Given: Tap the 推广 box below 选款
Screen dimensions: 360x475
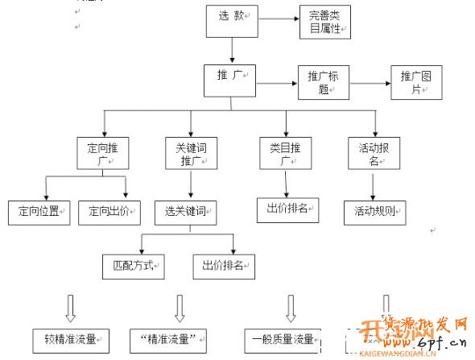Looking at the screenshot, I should coord(230,77).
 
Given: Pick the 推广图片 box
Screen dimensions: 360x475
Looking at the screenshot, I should coord(416,82).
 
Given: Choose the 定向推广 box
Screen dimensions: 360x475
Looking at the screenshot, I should coord(102,153).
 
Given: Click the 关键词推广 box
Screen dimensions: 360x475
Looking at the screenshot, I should coord(191,153).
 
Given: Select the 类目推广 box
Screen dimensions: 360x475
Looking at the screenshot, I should coord(286,153).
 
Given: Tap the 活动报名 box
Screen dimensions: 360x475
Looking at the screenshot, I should coord(374,153).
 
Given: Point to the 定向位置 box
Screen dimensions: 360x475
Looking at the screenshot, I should coord(39,211).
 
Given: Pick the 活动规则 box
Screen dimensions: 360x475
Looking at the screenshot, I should coord(374,212).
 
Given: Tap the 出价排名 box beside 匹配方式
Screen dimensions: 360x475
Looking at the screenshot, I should coord(223,265).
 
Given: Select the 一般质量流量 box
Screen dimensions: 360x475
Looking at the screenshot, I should coord(283,338).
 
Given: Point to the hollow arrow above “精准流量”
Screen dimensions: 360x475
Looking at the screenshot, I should coord(180,307).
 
